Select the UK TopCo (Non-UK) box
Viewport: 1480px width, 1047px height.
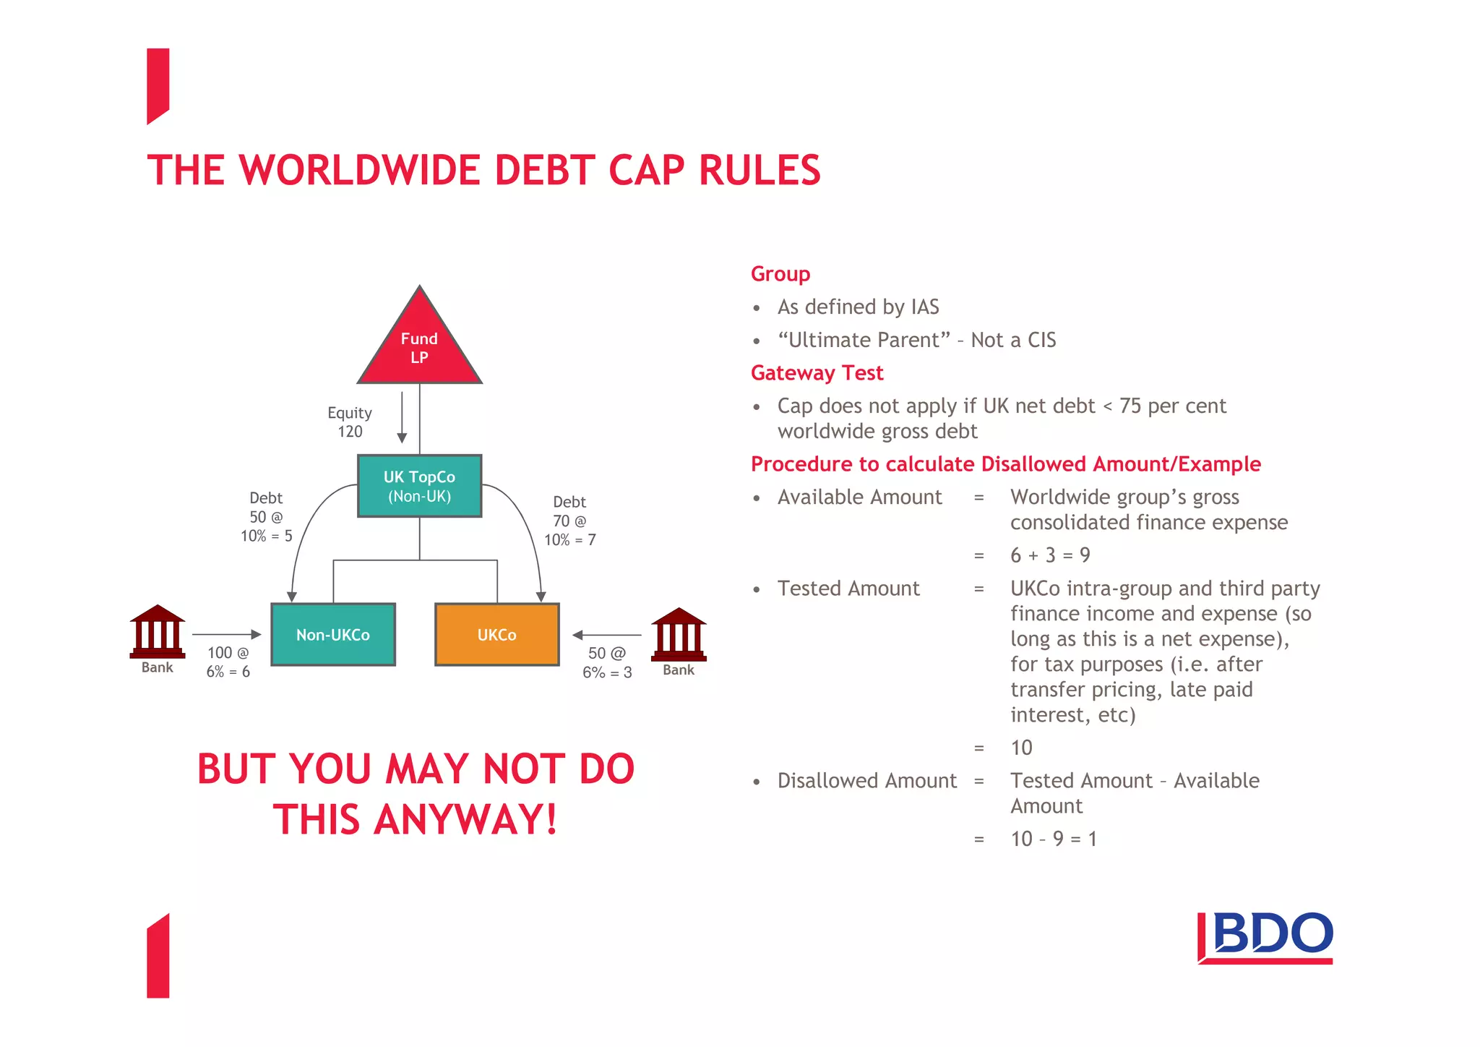point(419,486)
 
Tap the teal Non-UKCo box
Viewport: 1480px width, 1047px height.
point(332,634)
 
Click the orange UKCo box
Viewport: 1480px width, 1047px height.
point(496,634)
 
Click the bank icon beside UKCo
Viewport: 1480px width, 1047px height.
point(679,634)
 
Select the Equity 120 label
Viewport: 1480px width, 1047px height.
point(350,422)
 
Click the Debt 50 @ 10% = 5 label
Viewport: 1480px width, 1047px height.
point(266,516)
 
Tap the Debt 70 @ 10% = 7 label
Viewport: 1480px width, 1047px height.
point(569,521)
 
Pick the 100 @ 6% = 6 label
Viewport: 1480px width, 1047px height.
point(228,662)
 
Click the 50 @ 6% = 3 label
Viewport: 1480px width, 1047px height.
point(607,662)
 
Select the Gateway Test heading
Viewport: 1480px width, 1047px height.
point(817,372)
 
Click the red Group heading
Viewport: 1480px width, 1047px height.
point(780,273)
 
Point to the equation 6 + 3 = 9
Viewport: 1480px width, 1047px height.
point(1049,555)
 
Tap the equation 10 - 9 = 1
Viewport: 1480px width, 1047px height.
point(1053,838)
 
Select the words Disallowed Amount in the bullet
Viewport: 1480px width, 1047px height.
point(866,780)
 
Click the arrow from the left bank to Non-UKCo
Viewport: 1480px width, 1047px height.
point(226,634)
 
